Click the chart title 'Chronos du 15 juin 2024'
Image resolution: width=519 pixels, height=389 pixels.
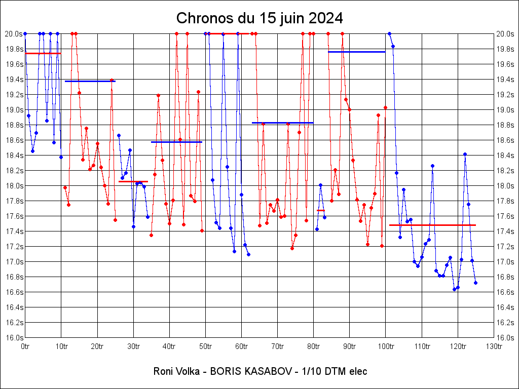click(259, 18)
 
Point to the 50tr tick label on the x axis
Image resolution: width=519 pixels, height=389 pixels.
click(205, 346)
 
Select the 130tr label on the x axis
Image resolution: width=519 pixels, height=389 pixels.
click(494, 346)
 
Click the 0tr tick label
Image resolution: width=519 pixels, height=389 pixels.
click(25, 346)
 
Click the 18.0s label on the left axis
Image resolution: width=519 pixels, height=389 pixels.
click(14, 186)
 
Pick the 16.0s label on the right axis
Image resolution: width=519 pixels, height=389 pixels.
click(505, 338)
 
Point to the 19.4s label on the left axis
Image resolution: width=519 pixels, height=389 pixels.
click(14, 80)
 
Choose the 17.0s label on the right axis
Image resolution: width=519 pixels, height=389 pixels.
click(505, 262)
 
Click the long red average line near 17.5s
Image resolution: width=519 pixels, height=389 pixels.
click(432, 225)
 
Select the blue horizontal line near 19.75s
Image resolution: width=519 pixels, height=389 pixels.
click(356, 52)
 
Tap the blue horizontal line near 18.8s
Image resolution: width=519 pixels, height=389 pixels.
click(282, 123)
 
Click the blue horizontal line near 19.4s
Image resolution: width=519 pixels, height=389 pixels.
click(90, 81)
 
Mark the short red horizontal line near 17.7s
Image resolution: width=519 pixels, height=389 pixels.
click(320, 210)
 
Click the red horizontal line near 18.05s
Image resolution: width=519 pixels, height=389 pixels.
click(133, 181)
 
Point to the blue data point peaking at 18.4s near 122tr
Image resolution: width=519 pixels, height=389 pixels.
click(465, 154)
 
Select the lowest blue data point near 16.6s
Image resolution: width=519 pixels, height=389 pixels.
click(454, 289)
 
